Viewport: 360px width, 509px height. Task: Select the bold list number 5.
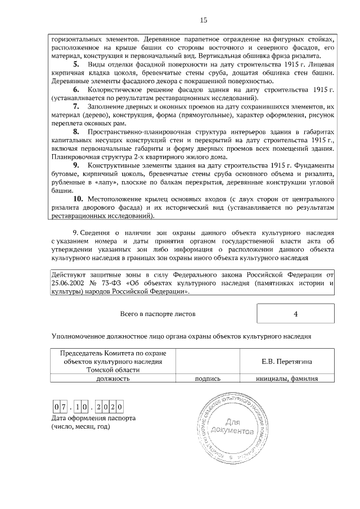76,65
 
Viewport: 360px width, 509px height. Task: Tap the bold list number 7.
76,106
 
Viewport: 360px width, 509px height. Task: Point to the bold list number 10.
79,199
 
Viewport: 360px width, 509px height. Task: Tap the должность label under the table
113,379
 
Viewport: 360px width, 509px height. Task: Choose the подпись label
207,379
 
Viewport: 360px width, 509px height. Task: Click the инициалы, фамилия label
287,379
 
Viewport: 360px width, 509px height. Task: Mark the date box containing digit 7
64,407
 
